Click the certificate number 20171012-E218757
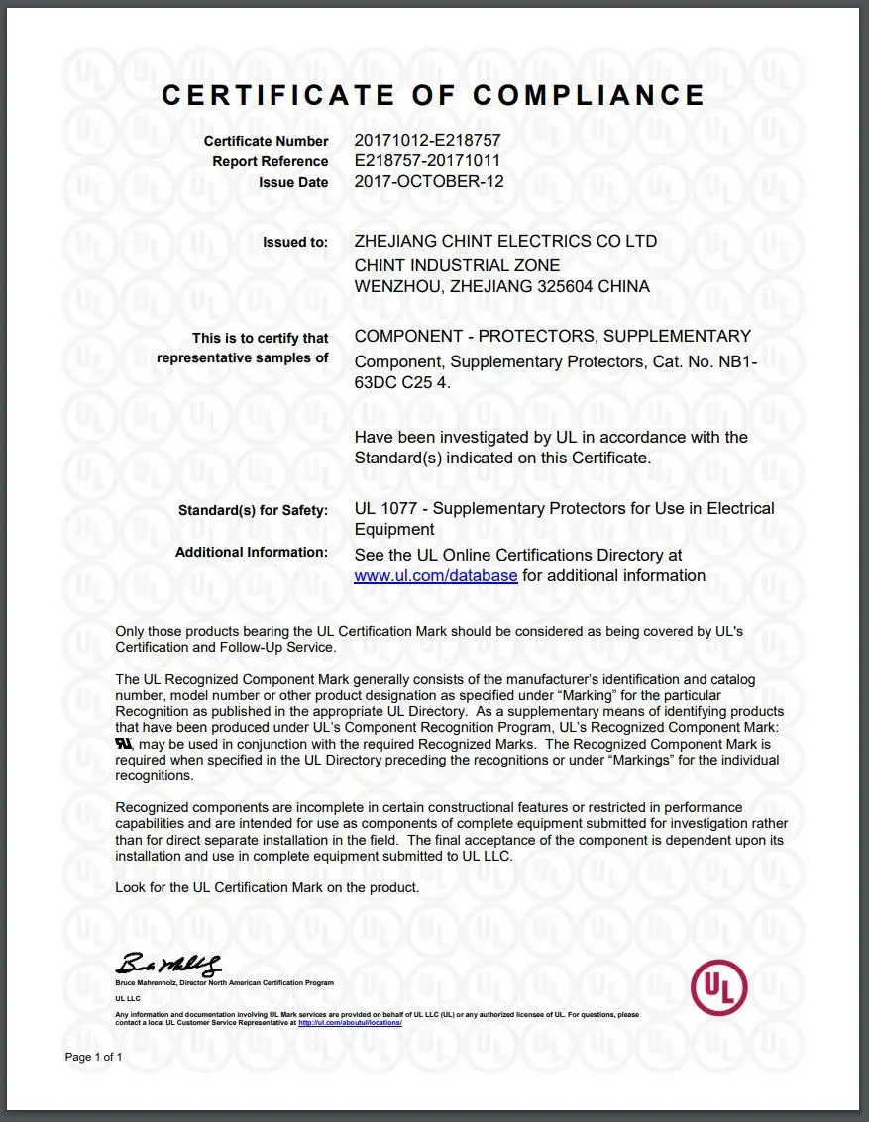click(x=427, y=141)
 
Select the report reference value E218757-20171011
click(x=427, y=161)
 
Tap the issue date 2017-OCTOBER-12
click(x=429, y=182)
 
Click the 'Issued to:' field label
click(x=295, y=242)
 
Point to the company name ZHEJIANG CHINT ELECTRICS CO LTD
click(x=505, y=242)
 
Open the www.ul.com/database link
click(x=436, y=576)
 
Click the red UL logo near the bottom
click(x=718, y=986)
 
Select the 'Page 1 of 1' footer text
click(x=93, y=1058)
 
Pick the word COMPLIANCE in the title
click(x=589, y=95)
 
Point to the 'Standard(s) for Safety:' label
click(x=253, y=510)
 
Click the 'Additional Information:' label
click(x=252, y=552)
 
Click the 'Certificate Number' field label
click(x=267, y=142)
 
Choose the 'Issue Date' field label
click(x=293, y=183)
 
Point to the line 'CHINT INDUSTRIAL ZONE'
click(x=457, y=266)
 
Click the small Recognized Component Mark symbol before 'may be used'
click(x=124, y=743)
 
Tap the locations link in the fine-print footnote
click(x=350, y=1022)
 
